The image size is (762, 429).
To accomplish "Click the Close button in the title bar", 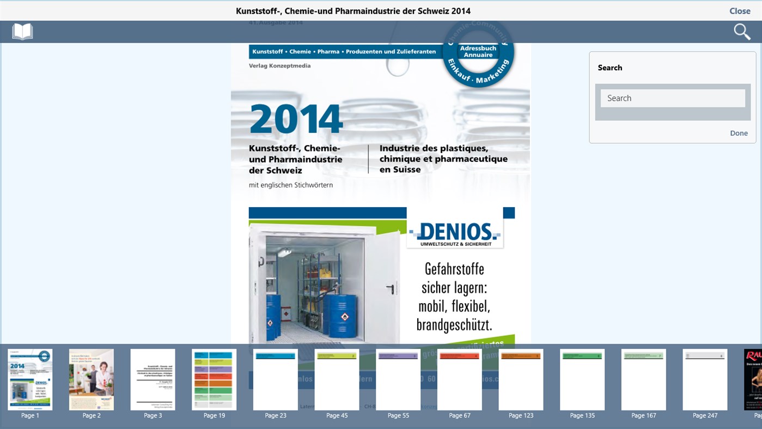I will click(x=740, y=11).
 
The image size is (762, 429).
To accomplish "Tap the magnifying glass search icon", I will click(x=742, y=32).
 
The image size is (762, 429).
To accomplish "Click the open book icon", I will click(x=22, y=32).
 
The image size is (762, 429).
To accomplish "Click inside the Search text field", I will click(x=673, y=98).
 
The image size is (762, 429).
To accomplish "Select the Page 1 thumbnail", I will click(x=30, y=379).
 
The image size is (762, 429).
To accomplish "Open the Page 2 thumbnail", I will click(x=92, y=379).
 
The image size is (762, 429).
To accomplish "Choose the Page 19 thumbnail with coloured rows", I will click(x=214, y=379).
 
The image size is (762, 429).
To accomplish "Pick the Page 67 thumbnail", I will click(x=460, y=379).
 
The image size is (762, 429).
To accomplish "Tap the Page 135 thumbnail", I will click(x=582, y=379).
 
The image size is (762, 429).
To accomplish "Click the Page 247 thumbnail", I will click(x=705, y=379).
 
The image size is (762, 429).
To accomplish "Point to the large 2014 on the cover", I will click(x=296, y=119).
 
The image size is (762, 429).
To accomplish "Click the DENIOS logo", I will click(x=455, y=233).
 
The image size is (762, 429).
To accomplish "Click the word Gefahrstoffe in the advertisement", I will click(x=454, y=269).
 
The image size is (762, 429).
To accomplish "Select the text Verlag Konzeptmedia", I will click(x=279, y=65).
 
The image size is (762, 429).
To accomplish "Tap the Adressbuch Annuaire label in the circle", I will click(x=478, y=51).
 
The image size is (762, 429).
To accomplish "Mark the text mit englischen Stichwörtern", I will click(x=291, y=185).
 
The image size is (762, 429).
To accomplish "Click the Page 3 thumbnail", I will click(x=153, y=379).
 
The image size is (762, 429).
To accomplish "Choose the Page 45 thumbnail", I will click(x=337, y=379).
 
